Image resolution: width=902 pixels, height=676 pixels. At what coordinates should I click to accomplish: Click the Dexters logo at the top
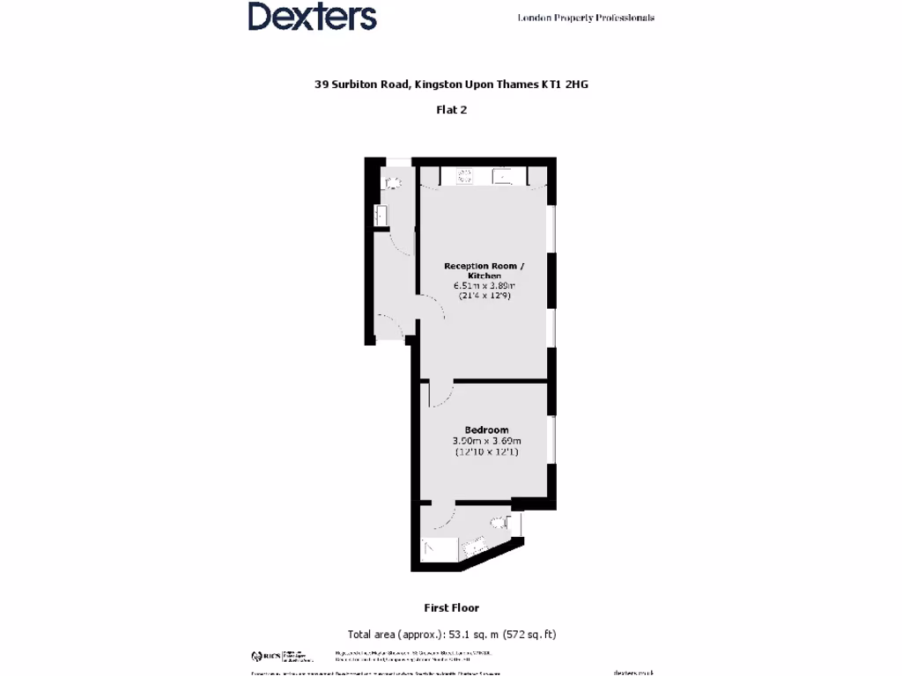pyautogui.click(x=312, y=17)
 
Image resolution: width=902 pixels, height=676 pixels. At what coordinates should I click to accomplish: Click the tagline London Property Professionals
pyautogui.click(x=585, y=18)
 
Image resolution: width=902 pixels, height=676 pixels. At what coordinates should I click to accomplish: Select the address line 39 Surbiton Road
pyautogui.click(x=450, y=84)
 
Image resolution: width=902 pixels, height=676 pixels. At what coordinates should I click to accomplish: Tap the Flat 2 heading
pyautogui.click(x=451, y=110)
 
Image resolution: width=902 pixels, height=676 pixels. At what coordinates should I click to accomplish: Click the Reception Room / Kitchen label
pyautogui.click(x=484, y=270)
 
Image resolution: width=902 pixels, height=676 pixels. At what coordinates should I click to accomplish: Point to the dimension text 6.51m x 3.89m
pyautogui.click(x=484, y=285)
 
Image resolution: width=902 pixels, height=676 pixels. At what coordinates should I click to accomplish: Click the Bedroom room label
pyautogui.click(x=486, y=430)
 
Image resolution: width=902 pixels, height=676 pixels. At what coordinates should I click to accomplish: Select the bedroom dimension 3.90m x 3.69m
pyautogui.click(x=486, y=441)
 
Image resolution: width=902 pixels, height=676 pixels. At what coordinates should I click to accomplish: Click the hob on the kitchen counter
pyautogui.click(x=464, y=176)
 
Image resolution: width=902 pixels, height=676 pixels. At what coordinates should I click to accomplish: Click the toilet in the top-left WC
pyautogui.click(x=392, y=183)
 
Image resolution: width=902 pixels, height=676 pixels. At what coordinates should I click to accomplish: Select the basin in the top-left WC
pyautogui.click(x=381, y=217)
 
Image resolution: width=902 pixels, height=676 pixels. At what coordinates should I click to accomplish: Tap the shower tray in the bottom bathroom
pyautogui.click(x=439, y=549)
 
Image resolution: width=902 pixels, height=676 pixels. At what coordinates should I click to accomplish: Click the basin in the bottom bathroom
pyautogui.click(x=474, y=546)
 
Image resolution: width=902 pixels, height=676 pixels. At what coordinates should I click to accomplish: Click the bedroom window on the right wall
pyautogui.click(x=552, y=438)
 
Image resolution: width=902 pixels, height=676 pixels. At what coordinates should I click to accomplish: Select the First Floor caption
pyautogui.click(x=451, y=607)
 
